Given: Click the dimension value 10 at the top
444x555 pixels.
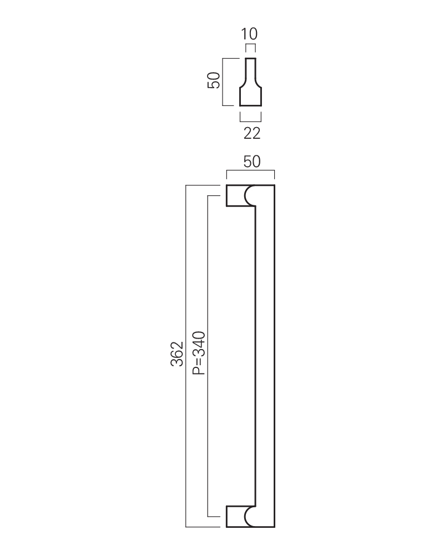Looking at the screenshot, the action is [x=249, y=34].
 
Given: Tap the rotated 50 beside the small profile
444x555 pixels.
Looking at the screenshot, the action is [x=214, y=80].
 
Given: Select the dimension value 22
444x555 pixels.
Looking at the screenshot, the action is [x=252, y=133].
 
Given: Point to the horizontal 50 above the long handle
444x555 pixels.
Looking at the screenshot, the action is [x=252, y=162].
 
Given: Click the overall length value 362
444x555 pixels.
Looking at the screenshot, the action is [x=177, y=354].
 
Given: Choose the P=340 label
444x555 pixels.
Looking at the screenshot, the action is [x=199, y=353].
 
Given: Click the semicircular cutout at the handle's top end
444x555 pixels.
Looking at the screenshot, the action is [x=249, y=195].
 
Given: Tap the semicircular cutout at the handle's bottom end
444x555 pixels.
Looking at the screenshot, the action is [x=249, y=516].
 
